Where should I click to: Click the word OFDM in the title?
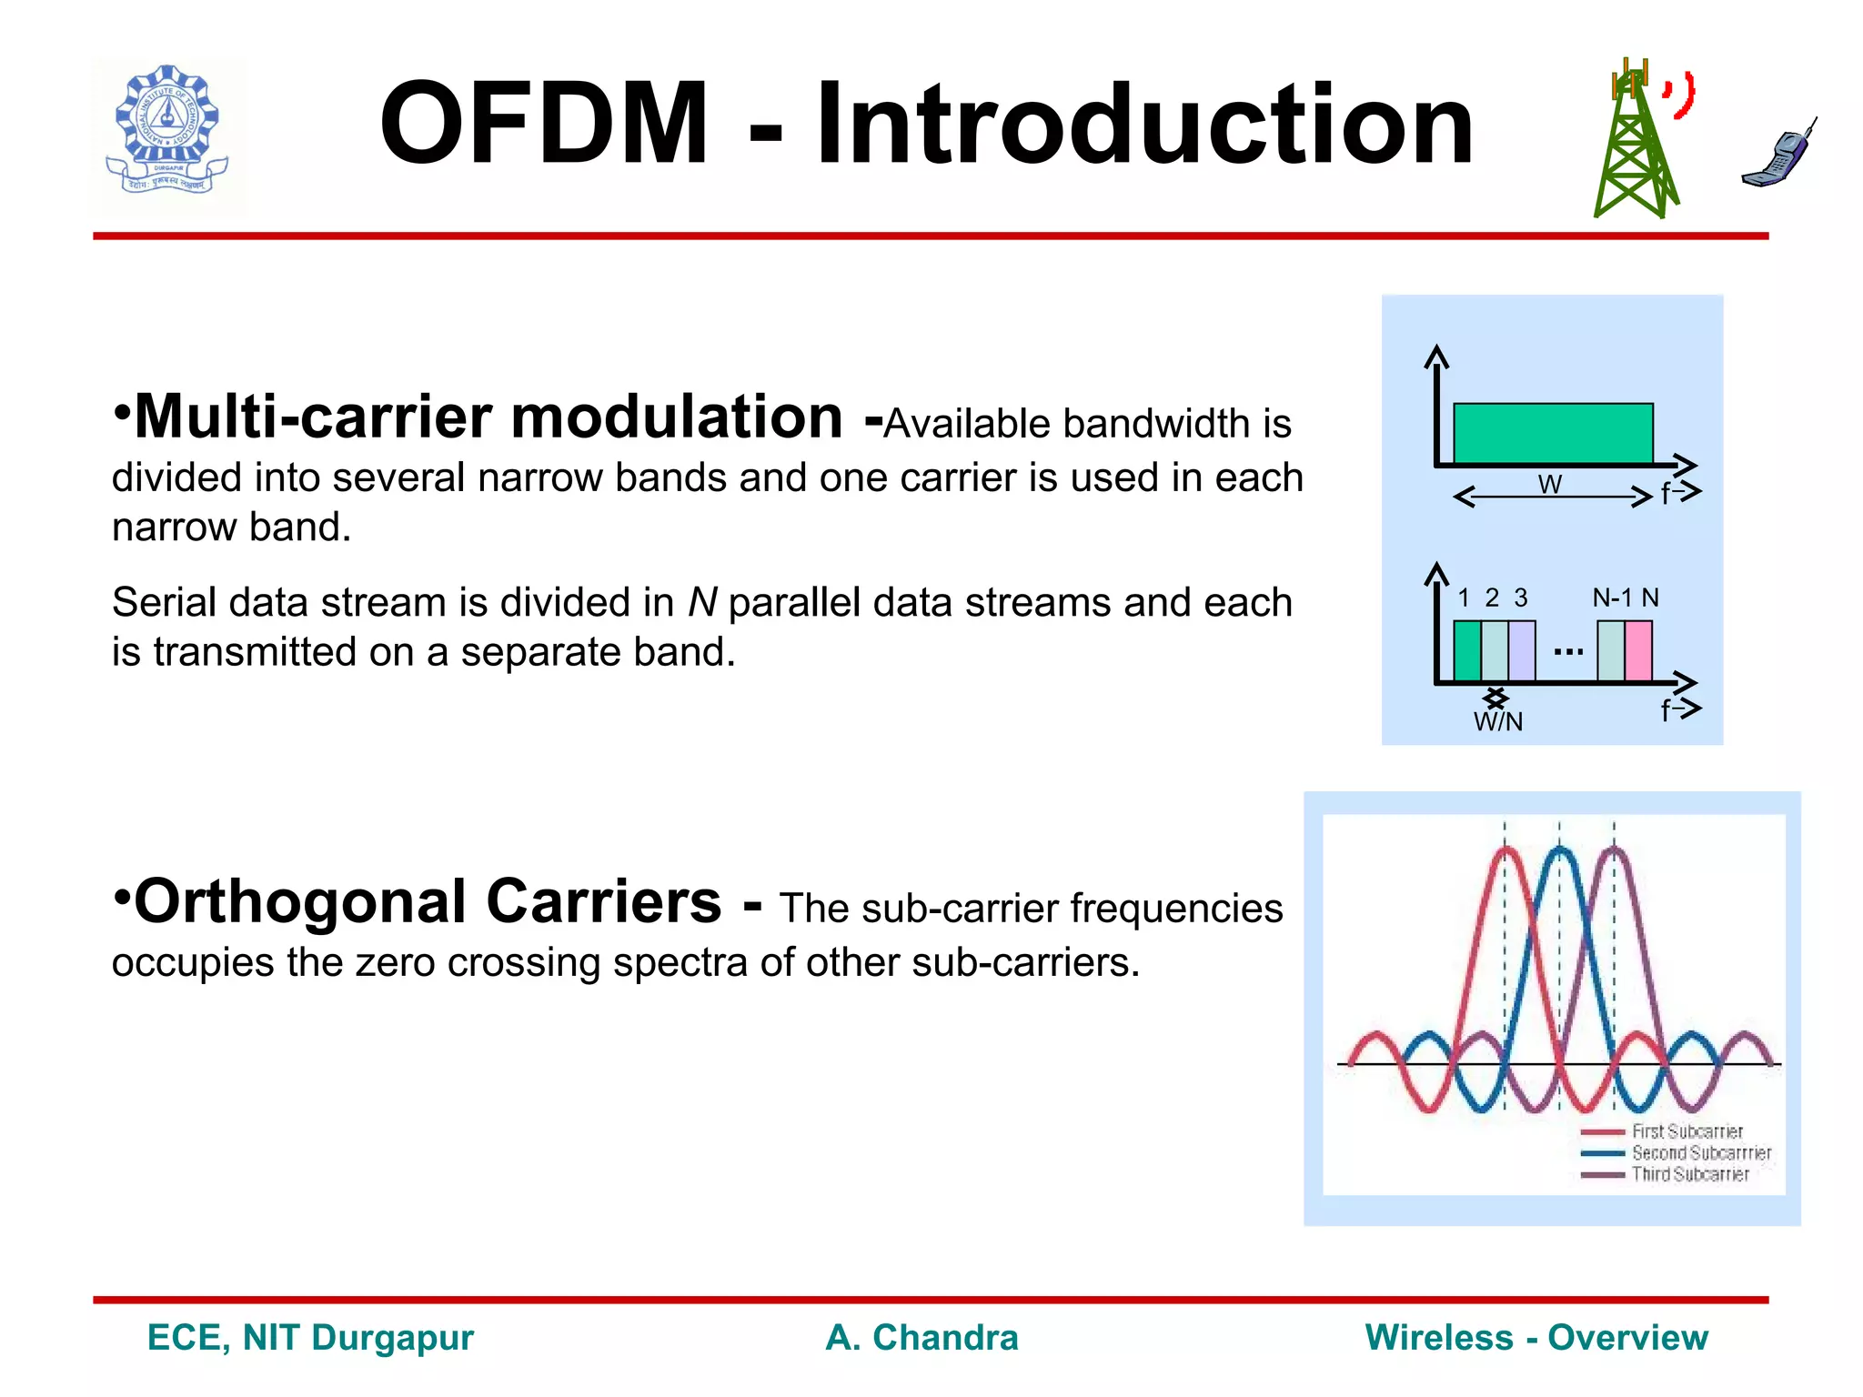point(543,126)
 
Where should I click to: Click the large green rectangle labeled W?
point(1553,434)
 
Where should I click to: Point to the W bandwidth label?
point(1550,484)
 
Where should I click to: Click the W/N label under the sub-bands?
point(1497,722)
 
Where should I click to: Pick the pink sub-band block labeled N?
point(1638,650)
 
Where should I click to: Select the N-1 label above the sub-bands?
point(1612,598)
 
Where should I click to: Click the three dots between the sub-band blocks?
point(1568,652)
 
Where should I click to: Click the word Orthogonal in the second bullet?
point(300,902)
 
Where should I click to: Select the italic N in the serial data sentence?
point(701,603)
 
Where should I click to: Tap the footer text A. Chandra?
point(921,1338)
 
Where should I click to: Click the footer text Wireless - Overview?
point(1536,1338)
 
